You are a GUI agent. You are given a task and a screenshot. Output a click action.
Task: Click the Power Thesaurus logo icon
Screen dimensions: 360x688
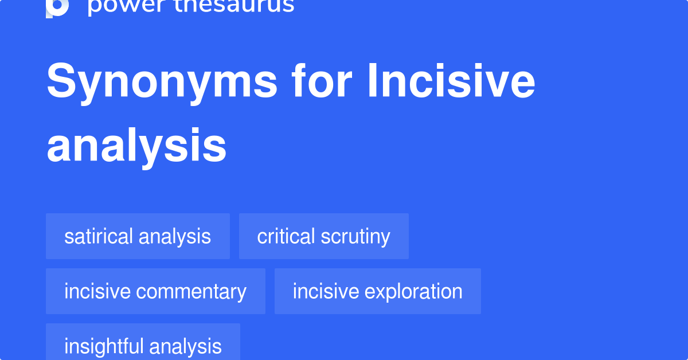[57, 7]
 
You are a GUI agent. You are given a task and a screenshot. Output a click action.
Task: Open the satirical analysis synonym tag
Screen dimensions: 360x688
[138, 236]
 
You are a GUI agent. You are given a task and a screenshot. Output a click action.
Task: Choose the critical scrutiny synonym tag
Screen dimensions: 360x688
[323, 236]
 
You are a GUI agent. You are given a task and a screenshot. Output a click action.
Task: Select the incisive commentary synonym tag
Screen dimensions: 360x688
[155, 291]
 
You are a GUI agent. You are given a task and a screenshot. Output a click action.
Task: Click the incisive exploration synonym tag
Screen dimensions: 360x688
[377, 291]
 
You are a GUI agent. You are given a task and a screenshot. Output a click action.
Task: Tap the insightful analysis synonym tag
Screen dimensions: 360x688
[143, 346]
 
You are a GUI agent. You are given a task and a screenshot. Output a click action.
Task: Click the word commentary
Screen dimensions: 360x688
[191, 291]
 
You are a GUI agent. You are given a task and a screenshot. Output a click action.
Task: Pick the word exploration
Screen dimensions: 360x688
[413, 291]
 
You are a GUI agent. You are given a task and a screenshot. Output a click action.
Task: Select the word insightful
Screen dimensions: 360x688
[104, 346]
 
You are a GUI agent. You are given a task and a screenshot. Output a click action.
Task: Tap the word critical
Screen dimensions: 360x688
[286, 236]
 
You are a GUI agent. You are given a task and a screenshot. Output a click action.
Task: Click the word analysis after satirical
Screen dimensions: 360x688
[175, 236]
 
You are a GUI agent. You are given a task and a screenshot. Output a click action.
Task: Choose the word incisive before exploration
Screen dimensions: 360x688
[326, 291]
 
